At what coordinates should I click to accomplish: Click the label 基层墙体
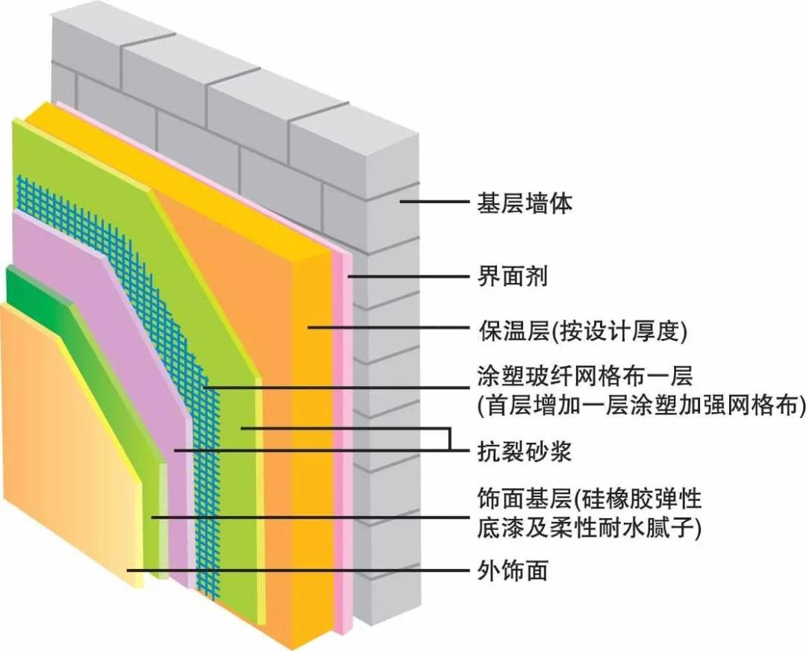coord(524,203)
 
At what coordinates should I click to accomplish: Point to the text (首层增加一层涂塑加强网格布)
coord(640,405)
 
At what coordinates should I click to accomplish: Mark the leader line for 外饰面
coord(299,571)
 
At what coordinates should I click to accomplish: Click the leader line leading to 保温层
coord(388,327)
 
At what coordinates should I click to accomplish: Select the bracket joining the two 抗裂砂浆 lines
coord(451,439)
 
